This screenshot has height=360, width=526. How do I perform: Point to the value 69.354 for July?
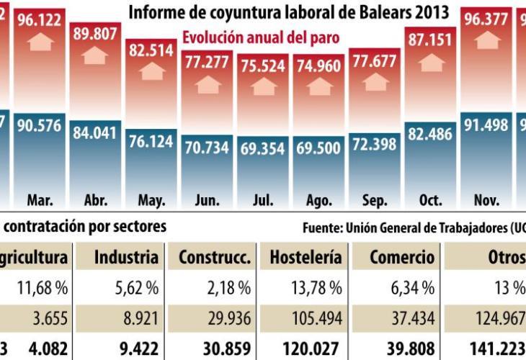click(x=263, y=148)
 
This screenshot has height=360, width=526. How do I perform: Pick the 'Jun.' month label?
click(x=208, y=198)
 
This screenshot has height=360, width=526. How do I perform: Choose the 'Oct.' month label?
click(x=430, y=198)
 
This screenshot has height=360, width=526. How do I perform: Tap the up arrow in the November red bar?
click(x=486, y=40)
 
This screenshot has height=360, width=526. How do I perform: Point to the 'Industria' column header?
click(x=126, y=257)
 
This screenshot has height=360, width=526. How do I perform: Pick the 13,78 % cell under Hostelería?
click(x=316, y=288)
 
